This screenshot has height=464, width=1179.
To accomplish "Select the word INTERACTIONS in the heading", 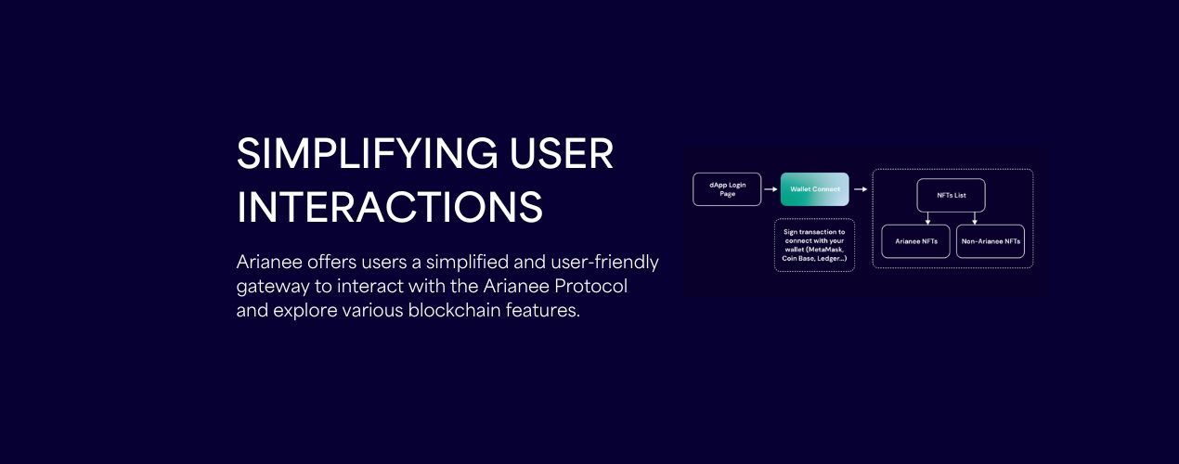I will pos(390,207).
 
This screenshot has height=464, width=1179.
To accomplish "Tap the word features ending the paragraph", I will pos(543,310).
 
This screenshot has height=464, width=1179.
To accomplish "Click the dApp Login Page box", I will pos(727,189).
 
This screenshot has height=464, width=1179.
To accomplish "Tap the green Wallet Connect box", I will pos(814,189).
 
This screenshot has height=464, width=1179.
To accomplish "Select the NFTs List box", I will pos(951,195).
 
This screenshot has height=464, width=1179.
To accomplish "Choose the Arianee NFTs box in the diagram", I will pos(915,241).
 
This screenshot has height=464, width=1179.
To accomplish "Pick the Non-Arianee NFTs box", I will pos(990,241).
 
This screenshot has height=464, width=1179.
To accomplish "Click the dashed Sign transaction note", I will pos(814,245).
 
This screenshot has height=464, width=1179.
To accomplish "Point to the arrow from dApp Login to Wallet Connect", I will pos(771,189).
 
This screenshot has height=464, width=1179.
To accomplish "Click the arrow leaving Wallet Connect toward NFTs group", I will pos(861,189).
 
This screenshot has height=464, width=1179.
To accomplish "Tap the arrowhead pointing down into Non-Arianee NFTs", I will pos(974,222).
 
